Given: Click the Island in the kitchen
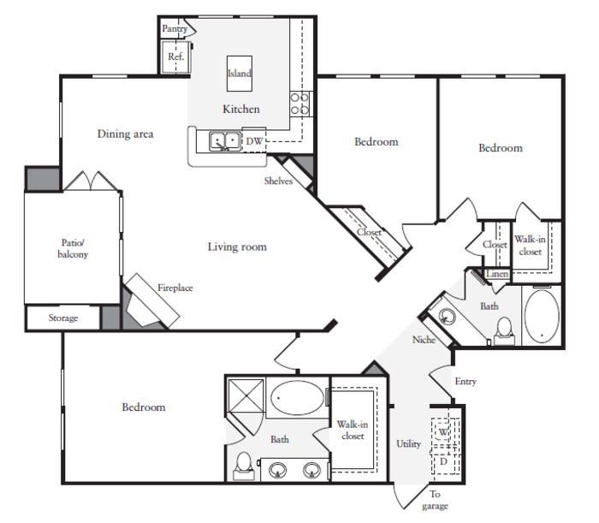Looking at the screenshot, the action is click(x=240, y=74).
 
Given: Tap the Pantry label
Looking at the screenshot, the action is click(x=175, y=28).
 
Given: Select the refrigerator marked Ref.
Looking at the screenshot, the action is click(x=175, y=56).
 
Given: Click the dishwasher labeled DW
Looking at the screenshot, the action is click(x=254, y=141).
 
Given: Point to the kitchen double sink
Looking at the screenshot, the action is click(x=225, y=141).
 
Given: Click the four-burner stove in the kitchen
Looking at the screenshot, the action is click(x=299, y=104).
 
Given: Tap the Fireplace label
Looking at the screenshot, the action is click(x=175, y=288).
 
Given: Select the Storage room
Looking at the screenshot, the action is click(x=63, y=318).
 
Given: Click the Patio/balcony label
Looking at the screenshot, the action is click(x=73, y=248).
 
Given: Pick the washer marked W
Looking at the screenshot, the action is click(x=443, y=431).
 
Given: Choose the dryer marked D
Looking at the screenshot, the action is click(x=444, y=461).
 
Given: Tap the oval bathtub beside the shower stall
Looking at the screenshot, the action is click(x=297, y=397).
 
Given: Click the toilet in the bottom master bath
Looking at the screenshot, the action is click(x=244, y=466).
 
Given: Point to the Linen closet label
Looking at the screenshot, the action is click(x=497, y=274).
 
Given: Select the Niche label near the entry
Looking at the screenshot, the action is click(x=424, y=340).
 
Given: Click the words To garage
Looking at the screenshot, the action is click(x=435, y=500).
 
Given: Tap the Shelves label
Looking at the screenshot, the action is click(x=278, y=181).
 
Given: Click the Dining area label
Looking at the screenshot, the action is click(x=125, y=134).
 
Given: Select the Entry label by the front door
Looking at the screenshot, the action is click(x=466, y=381).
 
